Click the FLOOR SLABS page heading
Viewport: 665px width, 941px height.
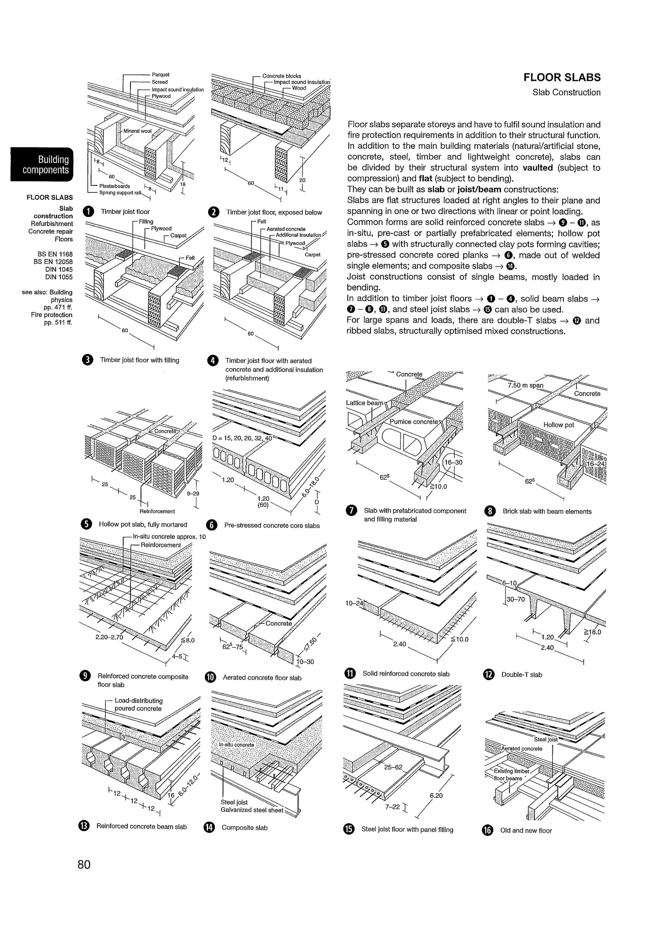point(562,78)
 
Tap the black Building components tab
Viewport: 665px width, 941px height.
point(42,164)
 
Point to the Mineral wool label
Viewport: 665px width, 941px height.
point(137,131)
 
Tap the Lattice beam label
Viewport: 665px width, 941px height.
point(364,403)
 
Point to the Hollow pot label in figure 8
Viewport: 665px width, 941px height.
point(558,425)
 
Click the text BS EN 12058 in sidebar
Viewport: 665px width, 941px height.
point(53,262)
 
